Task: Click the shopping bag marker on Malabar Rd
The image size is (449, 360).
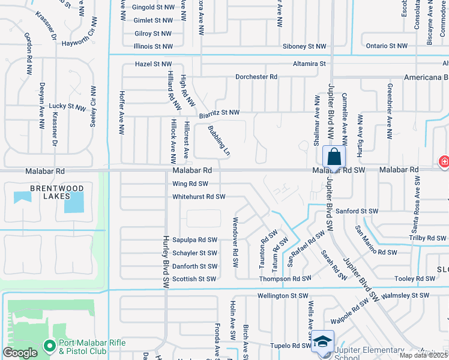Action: [x=334, y=158]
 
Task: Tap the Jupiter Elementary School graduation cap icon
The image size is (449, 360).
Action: [x=323, y=341]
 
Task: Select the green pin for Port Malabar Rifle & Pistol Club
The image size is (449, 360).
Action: [x=50, y=346]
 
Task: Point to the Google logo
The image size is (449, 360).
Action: [x=20, y=352]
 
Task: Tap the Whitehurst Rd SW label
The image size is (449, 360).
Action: [x=199, y=196]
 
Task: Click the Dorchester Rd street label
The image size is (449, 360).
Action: [x=256, y=77]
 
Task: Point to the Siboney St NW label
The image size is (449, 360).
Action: [x=304, y=46]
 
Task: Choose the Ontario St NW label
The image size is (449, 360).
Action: [x=387, y=46]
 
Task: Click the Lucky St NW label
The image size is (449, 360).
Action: [x=68, y=106]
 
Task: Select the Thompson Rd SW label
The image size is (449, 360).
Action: [x=285, y=279]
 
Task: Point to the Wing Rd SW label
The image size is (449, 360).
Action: [x=190, y=184]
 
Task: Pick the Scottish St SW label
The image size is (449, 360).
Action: [x=194, y=279]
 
